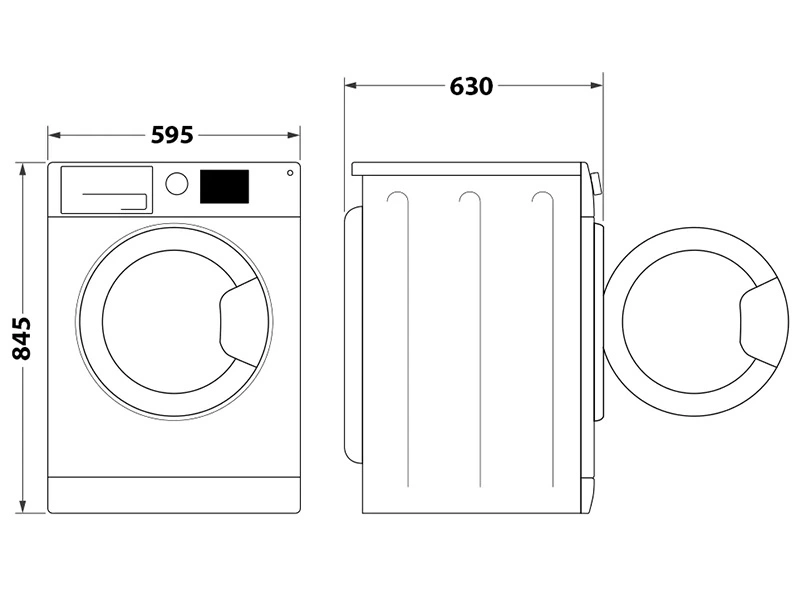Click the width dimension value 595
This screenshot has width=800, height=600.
pyautogui.click(x=172, y=134)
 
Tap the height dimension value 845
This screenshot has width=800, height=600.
pyautogui.click(x=22, y=338)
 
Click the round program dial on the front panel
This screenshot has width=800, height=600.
pyautogui.click(x=176, y=183)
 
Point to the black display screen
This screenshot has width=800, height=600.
pyautogui.click(x=225, y=185)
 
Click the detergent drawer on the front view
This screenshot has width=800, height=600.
pyautogui.click(x=107, y=189)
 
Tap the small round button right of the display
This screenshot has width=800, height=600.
pyautogui.click(x=290, y=172)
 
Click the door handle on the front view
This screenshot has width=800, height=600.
pyautogui.click(x=239, y=319)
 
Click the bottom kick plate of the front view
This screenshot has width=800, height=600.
pyautogui.click(x=174, y=493)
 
